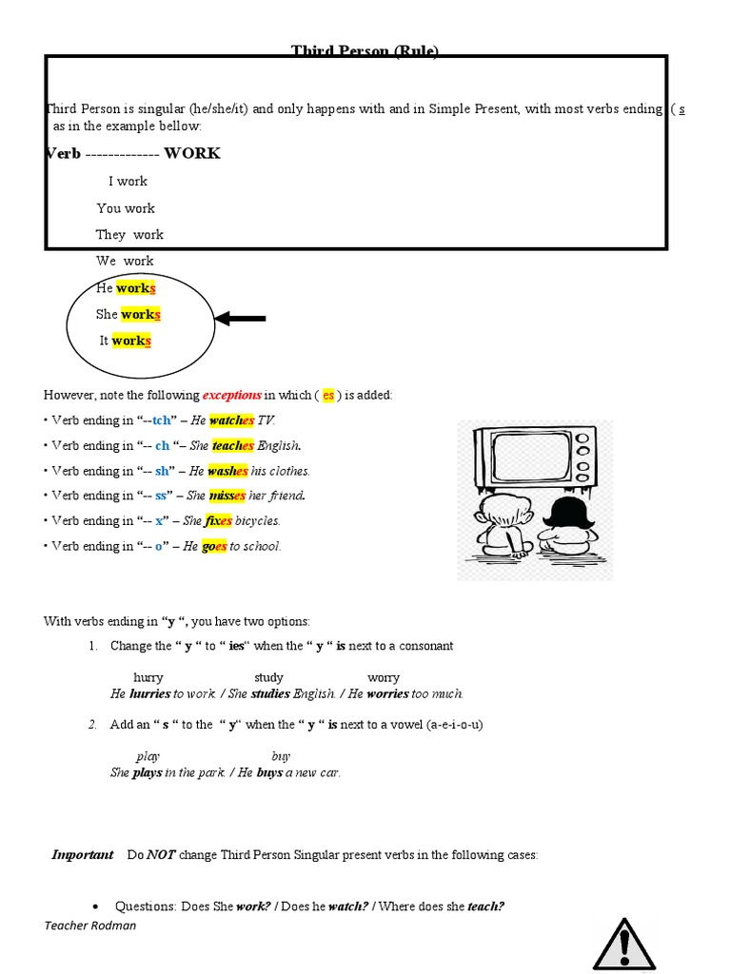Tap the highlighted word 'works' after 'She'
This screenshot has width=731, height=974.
[141, 315]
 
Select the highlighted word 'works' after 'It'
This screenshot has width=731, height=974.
[131, 341]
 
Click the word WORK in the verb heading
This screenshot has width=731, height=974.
[192, 153]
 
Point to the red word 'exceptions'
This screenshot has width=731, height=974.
[231, 395]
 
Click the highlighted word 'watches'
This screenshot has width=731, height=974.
[232, 420]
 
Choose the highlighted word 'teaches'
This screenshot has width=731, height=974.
[233, 445]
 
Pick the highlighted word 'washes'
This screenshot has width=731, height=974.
[227, 471]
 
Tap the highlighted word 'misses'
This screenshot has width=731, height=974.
[227, 496]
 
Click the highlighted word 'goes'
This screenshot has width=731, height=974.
[214, 547]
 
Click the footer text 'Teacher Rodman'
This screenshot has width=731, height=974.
[90, 925]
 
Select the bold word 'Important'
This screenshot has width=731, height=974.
[83, 855]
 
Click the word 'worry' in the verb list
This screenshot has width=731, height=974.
[384, 678]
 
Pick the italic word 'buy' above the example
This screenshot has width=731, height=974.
[281, 756]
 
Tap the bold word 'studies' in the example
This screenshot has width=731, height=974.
[270, 694]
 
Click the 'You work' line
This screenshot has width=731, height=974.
[126, 208]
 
